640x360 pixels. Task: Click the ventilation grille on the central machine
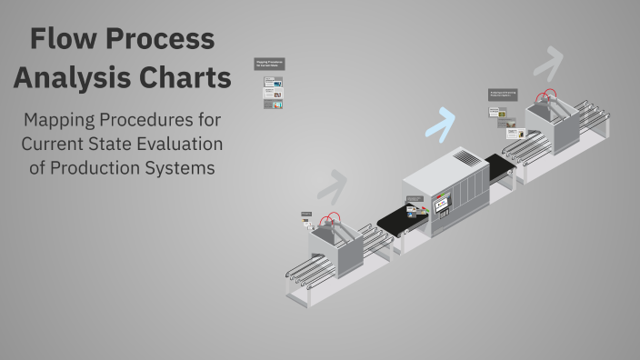tap(465, 158)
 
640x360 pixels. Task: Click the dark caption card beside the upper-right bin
tap(504, 94)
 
